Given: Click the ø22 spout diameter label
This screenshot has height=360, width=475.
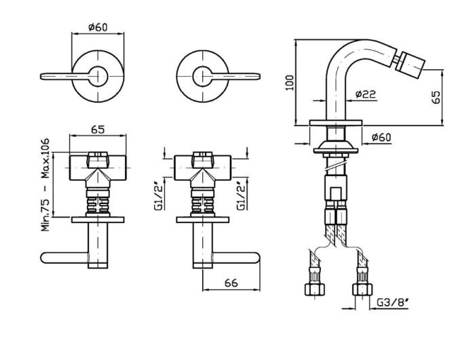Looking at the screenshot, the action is (366, 94).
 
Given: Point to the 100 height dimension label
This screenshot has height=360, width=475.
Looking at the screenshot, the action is (290, 82).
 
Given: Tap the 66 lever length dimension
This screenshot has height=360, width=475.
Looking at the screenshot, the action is (231, 283).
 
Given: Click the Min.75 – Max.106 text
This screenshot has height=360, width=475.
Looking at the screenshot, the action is (45, 184).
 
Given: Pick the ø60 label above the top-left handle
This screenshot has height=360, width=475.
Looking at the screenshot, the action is (98, 27).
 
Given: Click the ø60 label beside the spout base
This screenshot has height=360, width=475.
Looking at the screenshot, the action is (381, 137).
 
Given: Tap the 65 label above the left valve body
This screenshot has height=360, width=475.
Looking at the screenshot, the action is (98, 129).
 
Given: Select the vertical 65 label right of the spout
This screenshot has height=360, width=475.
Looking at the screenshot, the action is (436, 97).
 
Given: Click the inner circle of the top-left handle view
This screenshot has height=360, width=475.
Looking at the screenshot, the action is (98, 76).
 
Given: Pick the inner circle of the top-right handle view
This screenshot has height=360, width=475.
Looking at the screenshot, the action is (203, 76).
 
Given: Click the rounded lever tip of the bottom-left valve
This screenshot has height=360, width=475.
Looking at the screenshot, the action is (45, 258).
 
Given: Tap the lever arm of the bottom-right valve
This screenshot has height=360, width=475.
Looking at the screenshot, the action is (236, 258).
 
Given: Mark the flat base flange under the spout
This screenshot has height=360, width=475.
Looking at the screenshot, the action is (336, 123).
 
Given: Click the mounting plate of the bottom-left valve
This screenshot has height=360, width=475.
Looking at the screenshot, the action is (98, 220).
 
